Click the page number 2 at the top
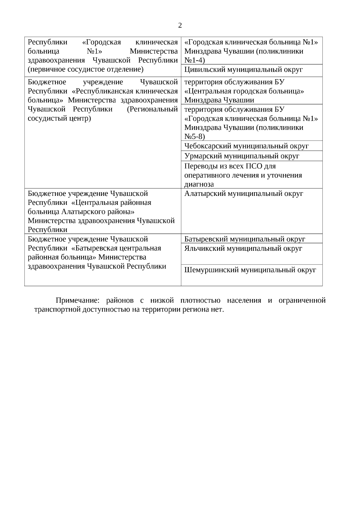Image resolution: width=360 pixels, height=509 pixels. click(180, 25)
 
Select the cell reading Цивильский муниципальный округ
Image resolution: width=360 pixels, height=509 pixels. click(243, 70)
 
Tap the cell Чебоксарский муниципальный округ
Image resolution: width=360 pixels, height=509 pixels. click(246, 146)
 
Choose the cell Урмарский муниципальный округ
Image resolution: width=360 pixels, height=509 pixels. click(242, 156)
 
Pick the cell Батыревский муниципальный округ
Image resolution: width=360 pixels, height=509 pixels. click(244, 239)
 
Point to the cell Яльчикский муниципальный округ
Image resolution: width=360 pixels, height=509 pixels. click(243, 248)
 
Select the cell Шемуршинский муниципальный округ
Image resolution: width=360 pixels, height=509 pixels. click(250, 270)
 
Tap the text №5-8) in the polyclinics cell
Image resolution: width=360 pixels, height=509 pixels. click(194, 137)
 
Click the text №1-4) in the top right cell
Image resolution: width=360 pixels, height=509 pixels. click(194, 61)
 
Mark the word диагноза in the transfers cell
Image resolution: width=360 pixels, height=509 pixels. click(199, 184)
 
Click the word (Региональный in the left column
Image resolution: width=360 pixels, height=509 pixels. click(152, 109)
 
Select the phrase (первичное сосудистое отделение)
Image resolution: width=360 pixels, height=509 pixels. click(85, 70)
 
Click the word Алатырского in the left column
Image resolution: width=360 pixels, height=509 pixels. click(80, 212)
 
